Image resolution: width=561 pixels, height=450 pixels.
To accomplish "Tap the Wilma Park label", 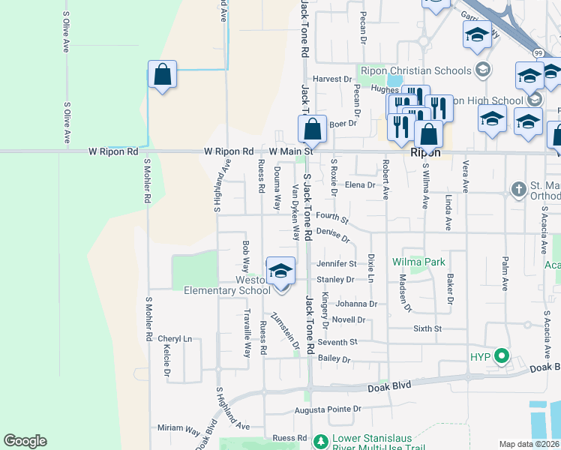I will (418, 262).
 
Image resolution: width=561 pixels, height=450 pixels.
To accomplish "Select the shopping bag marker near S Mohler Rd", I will (162, 75).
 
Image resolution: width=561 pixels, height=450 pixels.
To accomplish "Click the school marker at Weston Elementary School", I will (280, 271).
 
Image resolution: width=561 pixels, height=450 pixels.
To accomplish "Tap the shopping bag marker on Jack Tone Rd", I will (313, 130).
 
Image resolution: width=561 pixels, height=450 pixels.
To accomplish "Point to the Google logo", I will (25, 441).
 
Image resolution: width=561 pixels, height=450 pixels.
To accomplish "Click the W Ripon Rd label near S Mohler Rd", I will (113, 151).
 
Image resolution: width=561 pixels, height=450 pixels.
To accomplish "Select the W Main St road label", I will (289, 151).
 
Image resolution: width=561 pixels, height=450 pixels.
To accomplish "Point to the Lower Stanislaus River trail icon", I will (320, 440).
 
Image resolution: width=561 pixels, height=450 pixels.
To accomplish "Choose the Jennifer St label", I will (335, 264).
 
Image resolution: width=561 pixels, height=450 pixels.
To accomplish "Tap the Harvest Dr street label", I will (332, 79).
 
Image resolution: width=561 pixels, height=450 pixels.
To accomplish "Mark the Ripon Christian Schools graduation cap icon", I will (483, 71).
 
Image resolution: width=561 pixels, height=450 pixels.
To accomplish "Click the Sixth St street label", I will (427, 328).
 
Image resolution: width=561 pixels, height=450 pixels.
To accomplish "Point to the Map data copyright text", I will (529, 444).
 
